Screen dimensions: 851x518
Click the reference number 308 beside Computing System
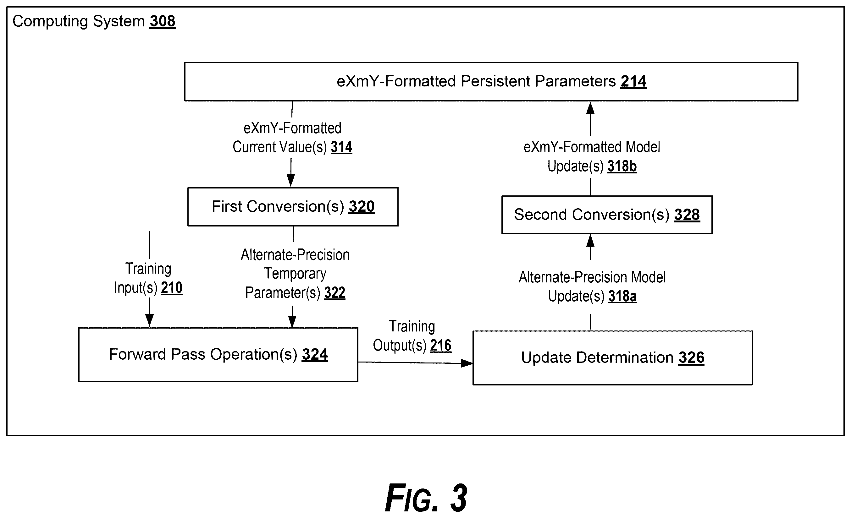(x=162, y=21)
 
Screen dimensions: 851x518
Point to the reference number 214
(x=633, y=82)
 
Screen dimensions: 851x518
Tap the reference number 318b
(x=622, y=166)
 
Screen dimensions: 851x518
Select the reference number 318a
(x=622, y=297)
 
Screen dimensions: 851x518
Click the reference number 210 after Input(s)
(x=172, y=288)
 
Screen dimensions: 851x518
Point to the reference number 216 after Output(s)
(x=441, y=346)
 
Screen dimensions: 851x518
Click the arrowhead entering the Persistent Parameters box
(x=591, y=108)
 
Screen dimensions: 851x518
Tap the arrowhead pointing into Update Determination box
(x=467, y=363)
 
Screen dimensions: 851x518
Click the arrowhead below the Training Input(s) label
(x=149, y=321)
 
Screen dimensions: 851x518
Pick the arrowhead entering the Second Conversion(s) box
(x=591, y=241)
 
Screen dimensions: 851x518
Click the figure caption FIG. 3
(x=426, y=498)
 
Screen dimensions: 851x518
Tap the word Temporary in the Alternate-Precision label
(x=295, y=274)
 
